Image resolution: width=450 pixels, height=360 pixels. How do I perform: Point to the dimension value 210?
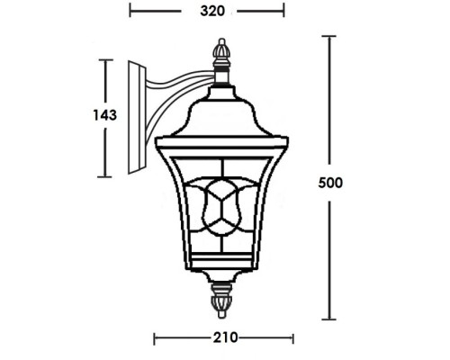click(x=224, y=338)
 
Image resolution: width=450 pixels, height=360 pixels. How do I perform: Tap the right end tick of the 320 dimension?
click(x=284, y=12)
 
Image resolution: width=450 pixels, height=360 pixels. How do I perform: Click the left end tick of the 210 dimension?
click(x=155, y=338)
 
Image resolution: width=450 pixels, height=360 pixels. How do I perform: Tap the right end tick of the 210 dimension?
click(x=292, y=338)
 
